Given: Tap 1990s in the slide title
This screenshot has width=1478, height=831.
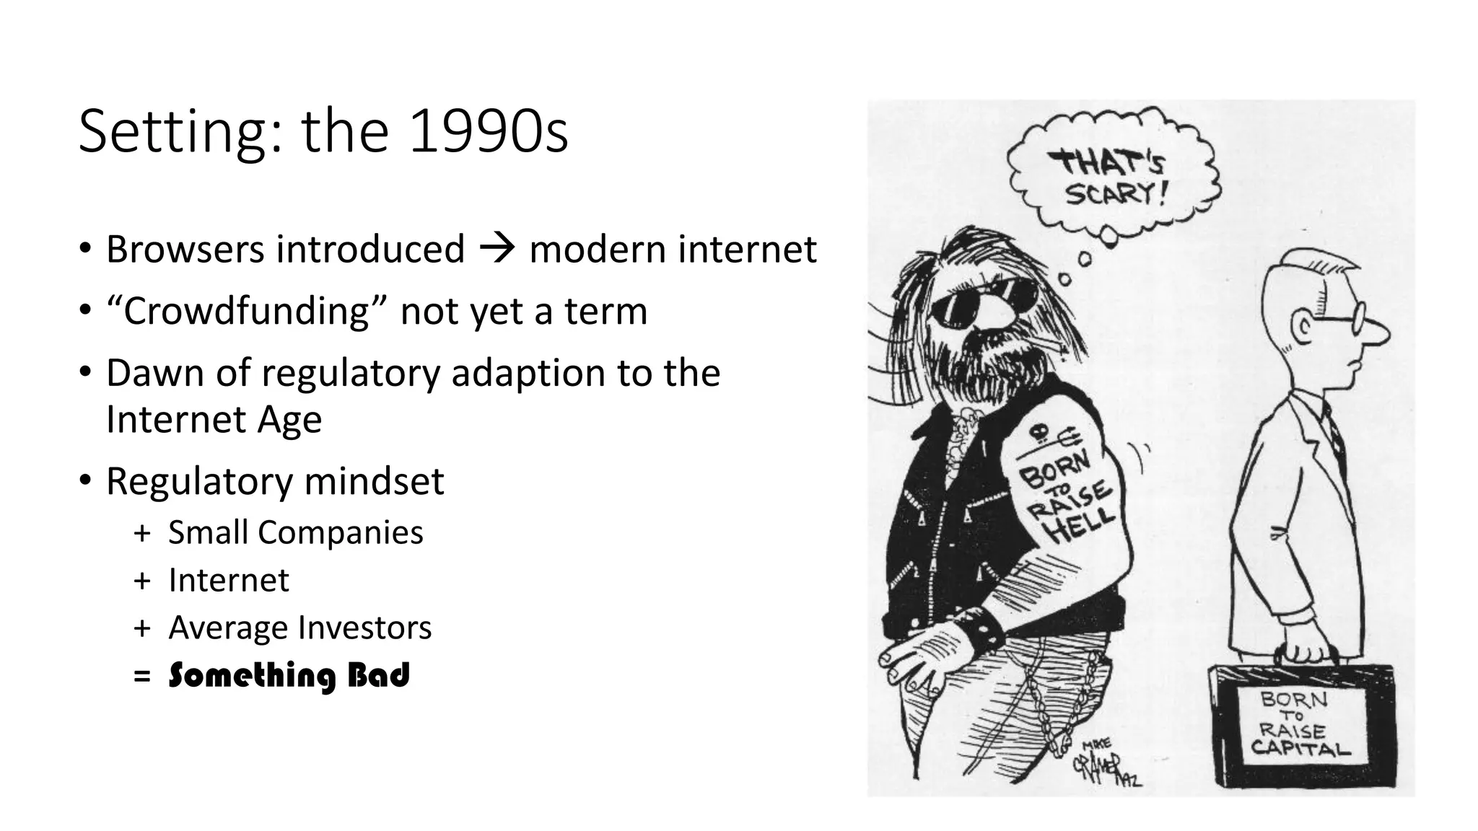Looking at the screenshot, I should (x=489, y=133).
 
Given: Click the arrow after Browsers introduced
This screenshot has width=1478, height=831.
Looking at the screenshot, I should (x=497, y=249).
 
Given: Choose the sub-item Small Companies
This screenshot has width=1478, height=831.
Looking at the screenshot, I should (x=295, y=533).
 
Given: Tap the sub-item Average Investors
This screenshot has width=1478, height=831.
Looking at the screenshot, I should (x=299, y=628).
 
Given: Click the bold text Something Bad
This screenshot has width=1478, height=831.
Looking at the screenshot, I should (x=289, y=676).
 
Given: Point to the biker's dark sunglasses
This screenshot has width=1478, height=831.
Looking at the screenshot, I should (x=984, y=299).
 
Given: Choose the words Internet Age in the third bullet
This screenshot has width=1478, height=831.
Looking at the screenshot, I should (x=214, y=420).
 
